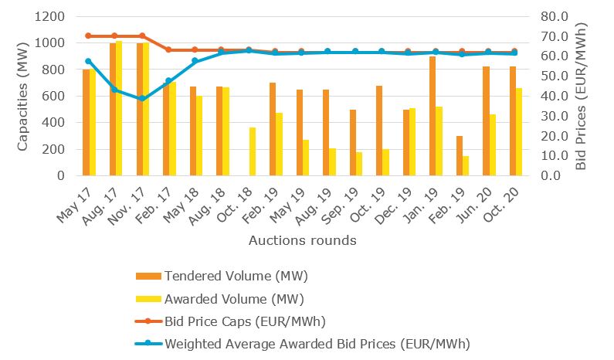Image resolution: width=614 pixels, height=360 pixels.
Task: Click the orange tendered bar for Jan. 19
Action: tap(433, 116)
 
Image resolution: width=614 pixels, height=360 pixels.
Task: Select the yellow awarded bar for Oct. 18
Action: tap(253, 151)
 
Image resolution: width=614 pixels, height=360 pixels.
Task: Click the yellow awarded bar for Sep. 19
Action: tap(359, 164)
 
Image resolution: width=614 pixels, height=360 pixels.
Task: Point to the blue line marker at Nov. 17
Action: tap(141, 99)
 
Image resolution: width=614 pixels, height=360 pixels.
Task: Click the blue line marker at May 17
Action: tap(88, 61)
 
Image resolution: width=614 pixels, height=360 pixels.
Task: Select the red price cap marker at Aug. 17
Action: tap(114, 36)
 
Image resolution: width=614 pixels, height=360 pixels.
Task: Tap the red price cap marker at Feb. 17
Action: tap(168, 49)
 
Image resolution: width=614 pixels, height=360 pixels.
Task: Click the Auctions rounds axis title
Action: tap(302, 240)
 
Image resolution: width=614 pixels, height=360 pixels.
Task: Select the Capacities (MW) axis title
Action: tap(24, 96)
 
